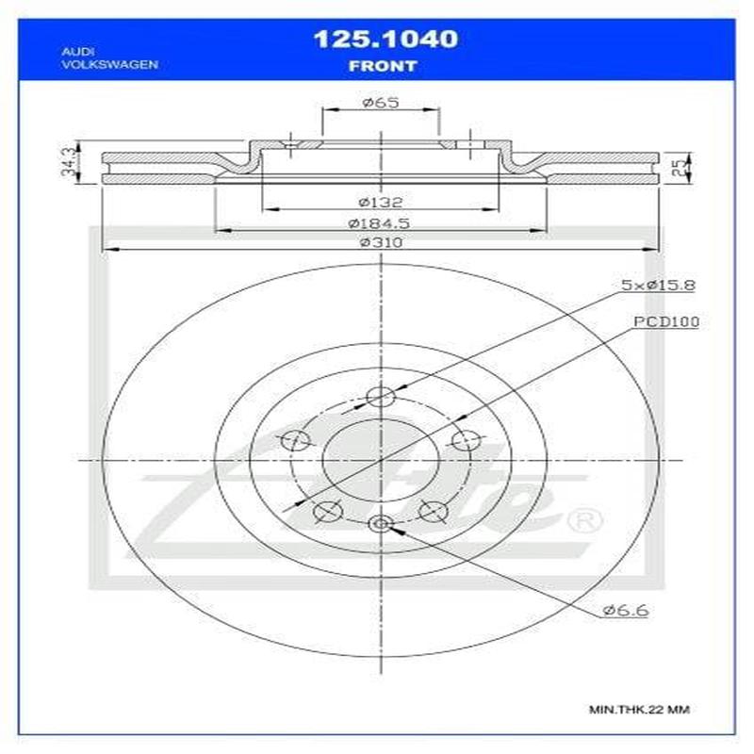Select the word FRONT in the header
point(384,66)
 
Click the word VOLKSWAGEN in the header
point(108,64)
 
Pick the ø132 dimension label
point(381,201)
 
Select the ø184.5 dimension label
point(381,223)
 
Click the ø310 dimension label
point(381,243)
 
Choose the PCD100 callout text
point(665,321)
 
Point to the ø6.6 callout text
point(624,611)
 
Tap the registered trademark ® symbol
point(582,519)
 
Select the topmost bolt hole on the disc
point(381,397)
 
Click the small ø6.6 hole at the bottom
point(381,524)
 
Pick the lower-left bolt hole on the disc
point(326,512)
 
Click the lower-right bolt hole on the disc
point(433,512)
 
